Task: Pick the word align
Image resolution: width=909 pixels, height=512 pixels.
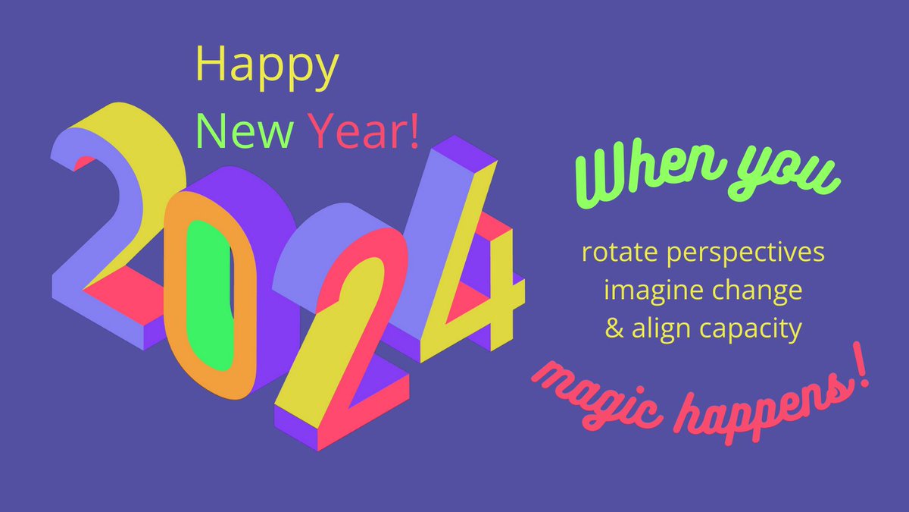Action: click(x=658, y=331)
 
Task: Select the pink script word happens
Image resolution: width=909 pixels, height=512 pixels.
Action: click(x=761, y=406)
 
